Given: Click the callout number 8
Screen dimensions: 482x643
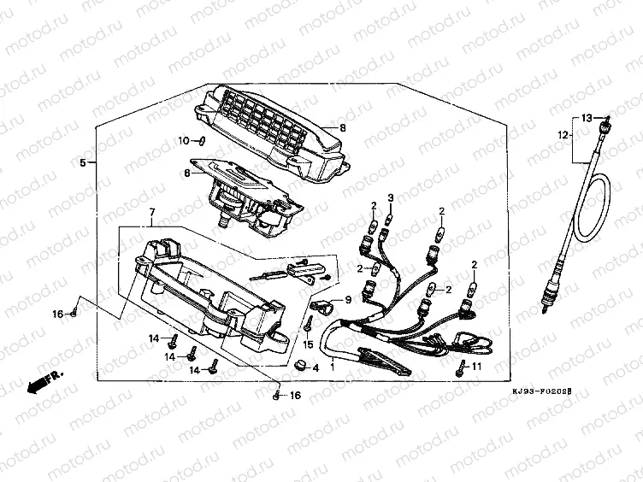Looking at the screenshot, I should (341, 128).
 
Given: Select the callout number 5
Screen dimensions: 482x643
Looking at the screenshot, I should (83, 162).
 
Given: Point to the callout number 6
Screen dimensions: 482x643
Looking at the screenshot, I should (187, 173).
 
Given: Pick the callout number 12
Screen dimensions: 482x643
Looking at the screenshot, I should (563, 135).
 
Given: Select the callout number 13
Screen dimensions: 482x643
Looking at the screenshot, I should (587, 117).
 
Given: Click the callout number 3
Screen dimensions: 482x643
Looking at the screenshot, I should (390, 198).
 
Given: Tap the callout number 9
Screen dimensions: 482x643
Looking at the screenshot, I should (348, 300).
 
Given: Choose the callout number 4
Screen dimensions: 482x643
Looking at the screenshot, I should (316, 368).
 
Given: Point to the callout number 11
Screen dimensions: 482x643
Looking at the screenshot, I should (477, 366).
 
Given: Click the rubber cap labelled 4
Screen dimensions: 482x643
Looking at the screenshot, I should (301, 366).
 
